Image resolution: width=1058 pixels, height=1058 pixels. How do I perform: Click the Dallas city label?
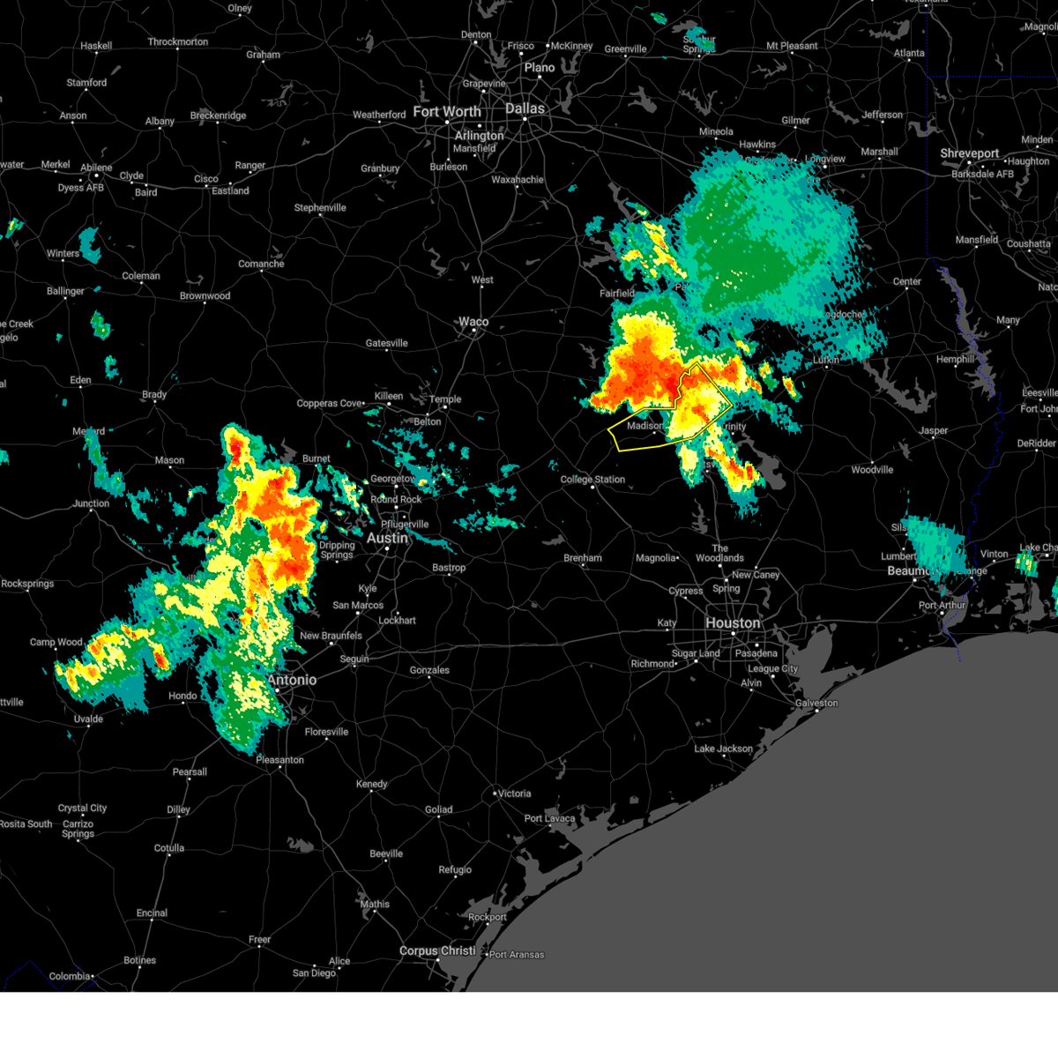(x=525, y=108)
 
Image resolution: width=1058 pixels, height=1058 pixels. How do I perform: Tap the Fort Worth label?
(x=447, y=112)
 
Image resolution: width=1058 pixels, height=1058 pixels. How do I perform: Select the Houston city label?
(x=733, y=622)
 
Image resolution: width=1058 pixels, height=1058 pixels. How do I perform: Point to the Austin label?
(x=387, y=538)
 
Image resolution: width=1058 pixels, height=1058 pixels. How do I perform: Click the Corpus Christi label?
(x=437, y=950)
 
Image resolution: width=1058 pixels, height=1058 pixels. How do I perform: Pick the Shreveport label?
(x=969, y=153)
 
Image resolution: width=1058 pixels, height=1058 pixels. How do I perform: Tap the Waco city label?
(x=473, y=322)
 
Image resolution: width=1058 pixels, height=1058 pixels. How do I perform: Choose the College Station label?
(x=592, y=480)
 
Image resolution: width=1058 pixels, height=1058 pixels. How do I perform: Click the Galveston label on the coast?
(x=816, y=703)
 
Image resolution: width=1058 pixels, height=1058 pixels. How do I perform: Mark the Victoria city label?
(x=514, y=793)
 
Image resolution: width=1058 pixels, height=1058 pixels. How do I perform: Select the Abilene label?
(x=96, y=168)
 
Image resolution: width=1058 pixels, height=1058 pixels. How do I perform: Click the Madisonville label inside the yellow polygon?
(x=645, y=426)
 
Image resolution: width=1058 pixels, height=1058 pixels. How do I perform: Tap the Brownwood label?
(x=205, y=296)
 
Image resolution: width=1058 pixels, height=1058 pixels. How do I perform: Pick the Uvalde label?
(x=88, y=719)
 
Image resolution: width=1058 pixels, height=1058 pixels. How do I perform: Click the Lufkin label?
(x=826, y=360)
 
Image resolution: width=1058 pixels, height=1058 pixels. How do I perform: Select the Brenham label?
(x=583, y=558)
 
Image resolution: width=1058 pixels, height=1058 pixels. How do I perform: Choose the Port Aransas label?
(x=517, y=955)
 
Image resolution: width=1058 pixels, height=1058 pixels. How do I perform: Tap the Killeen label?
(x=388, y=396)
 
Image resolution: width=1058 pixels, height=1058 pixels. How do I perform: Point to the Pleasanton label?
(x=279, y=760)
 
